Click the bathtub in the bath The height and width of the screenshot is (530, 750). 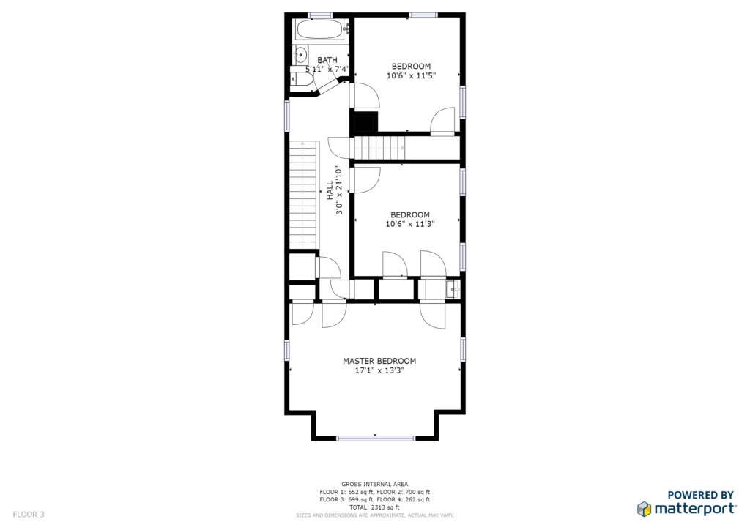pos(320,29)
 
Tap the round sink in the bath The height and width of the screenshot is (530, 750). pos(300,55)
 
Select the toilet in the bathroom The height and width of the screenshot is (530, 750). pos(300,78)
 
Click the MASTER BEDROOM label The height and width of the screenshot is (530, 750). pos(379,361)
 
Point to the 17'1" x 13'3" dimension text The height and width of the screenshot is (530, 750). pos(379,370)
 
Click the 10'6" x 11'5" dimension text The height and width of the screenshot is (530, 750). pos(412,75)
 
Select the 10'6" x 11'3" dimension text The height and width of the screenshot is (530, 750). pos(410,224)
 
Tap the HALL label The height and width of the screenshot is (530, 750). pos(330,190)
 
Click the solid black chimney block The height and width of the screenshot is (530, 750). pos(364,122)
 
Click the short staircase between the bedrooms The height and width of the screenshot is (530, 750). pos(379,148)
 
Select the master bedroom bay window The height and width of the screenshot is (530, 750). pos(375,438)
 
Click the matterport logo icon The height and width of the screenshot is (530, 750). pos(644,509)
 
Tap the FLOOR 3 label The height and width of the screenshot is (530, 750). pos(29,514)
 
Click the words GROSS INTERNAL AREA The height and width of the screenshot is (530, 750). pos(374,484)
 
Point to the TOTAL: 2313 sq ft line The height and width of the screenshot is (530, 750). pos(374,507)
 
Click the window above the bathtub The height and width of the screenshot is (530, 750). pos(320,15)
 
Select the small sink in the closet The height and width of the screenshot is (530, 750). pos(453,289)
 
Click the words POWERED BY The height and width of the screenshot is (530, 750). pos(701,495)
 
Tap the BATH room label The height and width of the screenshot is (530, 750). pos(327,60)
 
